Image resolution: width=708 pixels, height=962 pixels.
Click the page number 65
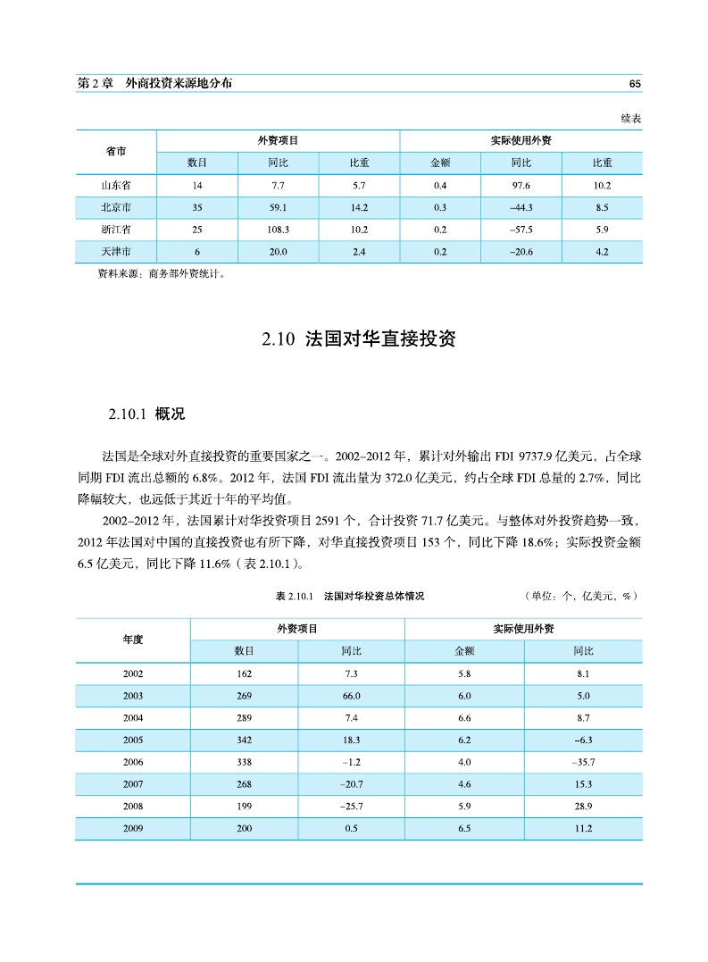click(635, 83)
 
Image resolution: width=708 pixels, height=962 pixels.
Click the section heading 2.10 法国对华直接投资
click(358, 339)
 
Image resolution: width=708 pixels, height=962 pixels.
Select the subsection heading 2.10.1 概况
click(146, 414)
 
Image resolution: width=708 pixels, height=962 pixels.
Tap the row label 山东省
click(116, 186)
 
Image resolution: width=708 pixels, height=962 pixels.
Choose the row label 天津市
click(116, 252)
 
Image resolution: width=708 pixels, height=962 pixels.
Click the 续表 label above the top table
click(631, 118)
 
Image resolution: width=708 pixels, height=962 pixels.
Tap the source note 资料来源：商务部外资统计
click(161, 274)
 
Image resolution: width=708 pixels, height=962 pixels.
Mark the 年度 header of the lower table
click(133, 640)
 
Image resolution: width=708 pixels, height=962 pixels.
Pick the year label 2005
click(133, 740)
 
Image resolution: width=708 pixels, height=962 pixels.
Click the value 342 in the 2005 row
click(244, 740)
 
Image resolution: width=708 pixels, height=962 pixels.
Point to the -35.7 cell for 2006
click(582, 762)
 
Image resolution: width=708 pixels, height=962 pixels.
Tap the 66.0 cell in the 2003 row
click(351, 696)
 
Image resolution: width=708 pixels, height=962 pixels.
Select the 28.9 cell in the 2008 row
click(582, 807)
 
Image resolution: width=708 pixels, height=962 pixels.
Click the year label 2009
click(133, 829)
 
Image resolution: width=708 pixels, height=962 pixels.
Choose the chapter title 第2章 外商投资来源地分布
click(155, 83)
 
